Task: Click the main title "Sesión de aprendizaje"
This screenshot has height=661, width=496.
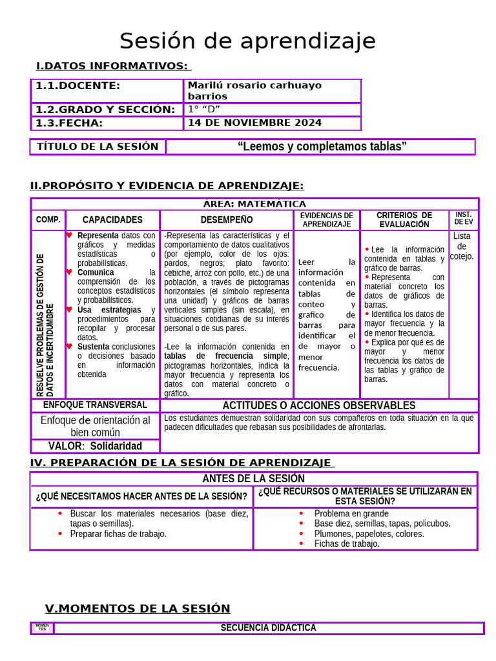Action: point(247,41)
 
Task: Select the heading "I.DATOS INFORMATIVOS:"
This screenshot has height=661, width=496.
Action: point(112,66)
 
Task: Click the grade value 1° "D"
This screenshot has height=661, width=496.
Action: point(204,109)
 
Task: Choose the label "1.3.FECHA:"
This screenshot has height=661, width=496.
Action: point(69,123)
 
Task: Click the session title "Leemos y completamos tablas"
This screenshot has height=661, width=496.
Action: point(322,147)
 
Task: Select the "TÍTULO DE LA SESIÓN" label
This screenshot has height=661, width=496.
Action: point(98,147)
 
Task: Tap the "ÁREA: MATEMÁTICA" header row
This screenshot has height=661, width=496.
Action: point(254,204)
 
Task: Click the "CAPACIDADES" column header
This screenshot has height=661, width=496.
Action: point(112,219)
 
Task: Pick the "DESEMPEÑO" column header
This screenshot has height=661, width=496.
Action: point(227,219)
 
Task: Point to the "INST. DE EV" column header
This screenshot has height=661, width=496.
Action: point(463,218)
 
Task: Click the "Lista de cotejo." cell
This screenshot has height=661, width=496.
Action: point(462,246)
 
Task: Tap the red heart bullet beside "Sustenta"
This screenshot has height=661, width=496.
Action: point(69,346)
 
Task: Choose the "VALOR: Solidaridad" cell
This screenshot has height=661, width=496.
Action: point(95,446)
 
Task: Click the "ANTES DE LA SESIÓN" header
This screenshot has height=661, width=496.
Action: point(253,478)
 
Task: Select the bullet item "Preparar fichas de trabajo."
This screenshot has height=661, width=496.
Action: point(118,534)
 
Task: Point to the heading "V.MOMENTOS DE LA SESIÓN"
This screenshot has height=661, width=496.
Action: point(138,608)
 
